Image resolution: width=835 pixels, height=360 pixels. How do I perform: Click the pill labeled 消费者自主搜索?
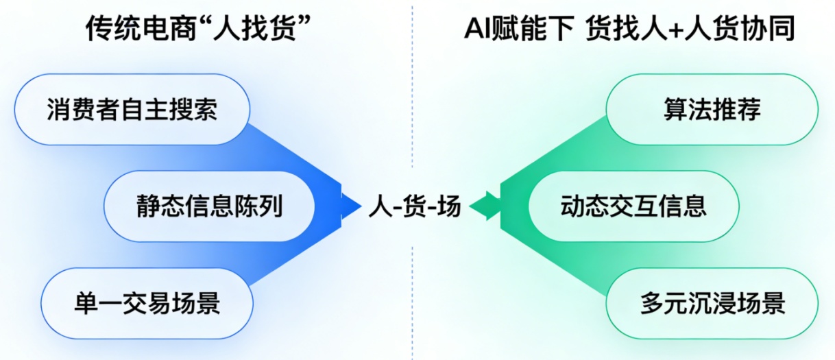coord(132,110)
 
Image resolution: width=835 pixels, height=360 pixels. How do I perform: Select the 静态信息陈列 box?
coord(209,206)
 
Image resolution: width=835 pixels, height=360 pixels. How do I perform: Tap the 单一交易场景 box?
coord(147,303)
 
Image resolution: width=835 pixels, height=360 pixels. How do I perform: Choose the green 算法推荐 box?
coord(712,110)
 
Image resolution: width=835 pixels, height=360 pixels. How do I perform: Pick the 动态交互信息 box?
coord(633,206)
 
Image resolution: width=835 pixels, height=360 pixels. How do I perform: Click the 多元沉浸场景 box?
coord(712,303)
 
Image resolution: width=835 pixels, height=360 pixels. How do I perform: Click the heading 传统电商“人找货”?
coord(195,29)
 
